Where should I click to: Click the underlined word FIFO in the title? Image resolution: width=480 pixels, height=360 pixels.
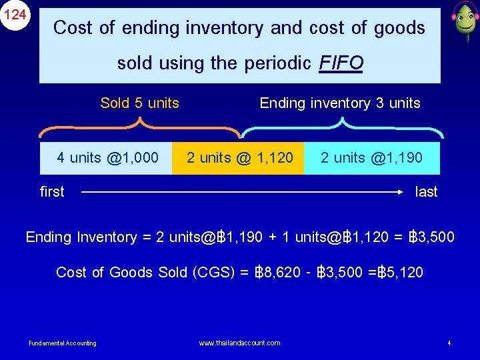pos(341,63)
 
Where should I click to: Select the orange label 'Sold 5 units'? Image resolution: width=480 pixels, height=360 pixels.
pos(139,103)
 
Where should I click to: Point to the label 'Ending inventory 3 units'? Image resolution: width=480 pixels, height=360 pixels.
pos(340,103)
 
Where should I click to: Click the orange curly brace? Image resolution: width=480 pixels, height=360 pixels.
pos(139,125)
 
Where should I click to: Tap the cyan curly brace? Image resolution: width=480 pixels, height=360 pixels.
pos(341,125)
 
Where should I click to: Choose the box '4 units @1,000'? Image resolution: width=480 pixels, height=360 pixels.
pos(107,158)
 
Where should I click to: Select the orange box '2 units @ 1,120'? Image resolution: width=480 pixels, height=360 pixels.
pos(239,158)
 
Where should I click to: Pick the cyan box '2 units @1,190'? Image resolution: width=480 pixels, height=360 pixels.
pos(371,158)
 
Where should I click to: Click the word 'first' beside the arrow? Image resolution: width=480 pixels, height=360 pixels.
pos(52,192)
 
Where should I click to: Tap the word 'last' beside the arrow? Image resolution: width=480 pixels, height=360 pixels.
pos(426,192)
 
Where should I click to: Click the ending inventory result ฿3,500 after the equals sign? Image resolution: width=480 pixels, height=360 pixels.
pos(432,237)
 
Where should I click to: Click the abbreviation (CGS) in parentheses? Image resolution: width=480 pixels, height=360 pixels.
pos(211,272)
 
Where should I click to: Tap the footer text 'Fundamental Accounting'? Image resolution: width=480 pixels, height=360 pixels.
pos(63,343)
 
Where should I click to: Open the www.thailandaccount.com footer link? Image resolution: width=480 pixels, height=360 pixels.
pos(240,343)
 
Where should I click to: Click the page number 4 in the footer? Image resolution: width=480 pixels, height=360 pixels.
pos(449,343)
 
